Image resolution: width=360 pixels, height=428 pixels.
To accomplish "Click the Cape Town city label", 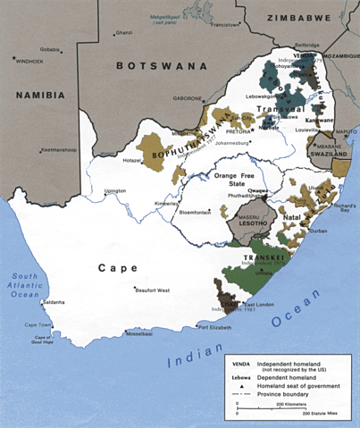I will click(x=38, y=324).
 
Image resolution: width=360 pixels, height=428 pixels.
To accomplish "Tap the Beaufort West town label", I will click(x=152, y=290).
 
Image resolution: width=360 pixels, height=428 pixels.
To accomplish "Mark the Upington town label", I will click(x=114, y=190).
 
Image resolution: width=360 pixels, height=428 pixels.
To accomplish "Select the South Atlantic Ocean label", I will click(x=25, y=282).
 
